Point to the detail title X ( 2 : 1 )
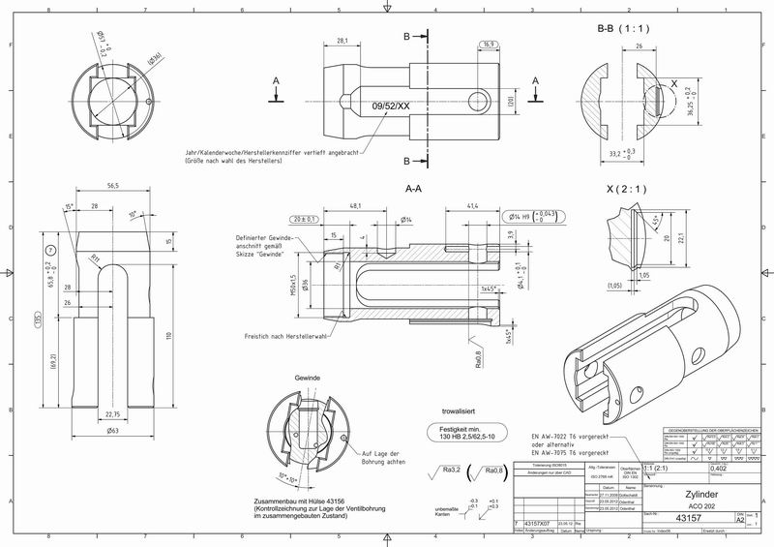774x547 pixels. (x=626, y=188)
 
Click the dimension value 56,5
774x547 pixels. (x=112, y=186)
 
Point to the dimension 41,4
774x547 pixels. (x=474, y=206)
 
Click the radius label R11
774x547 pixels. (x=97, y=258)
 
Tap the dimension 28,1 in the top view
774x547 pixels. (x=342, y=41)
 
